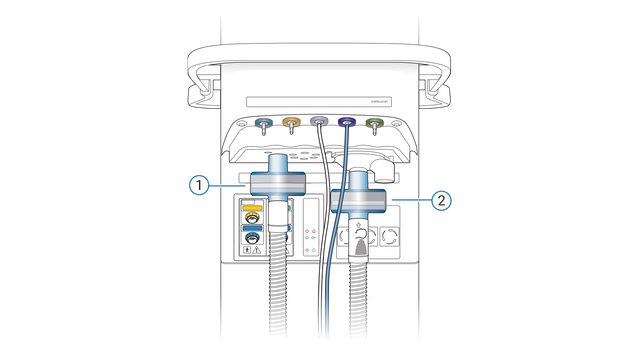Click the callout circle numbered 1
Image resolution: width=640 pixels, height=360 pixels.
tap(199, 185)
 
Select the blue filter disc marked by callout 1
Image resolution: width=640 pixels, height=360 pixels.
tap(277, 184)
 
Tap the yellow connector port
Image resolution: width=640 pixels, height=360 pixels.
tap(292, 123)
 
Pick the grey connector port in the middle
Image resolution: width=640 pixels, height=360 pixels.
tap(319, 122)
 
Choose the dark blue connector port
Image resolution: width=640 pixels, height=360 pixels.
tap(347, 123)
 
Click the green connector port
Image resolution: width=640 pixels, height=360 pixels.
tap(374, 123)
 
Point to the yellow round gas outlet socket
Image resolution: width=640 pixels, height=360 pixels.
tap(254, 216)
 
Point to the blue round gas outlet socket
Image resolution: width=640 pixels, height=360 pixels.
tap(254, 239)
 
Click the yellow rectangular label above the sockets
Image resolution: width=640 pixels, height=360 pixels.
tap(254, 203)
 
